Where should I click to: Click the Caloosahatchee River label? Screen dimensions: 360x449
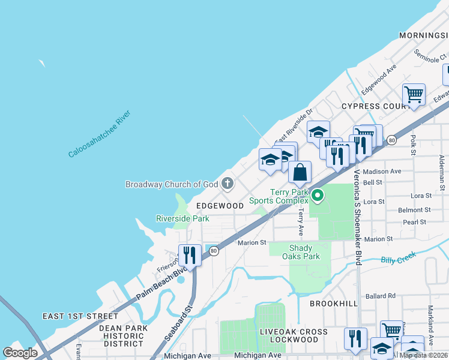coord(99,134)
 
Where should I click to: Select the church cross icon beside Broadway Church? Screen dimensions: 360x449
coord(228,184)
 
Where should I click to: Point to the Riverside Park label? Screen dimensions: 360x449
coord(182,218)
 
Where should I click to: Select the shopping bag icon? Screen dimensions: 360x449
coord(300,172)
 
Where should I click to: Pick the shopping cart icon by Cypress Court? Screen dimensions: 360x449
coord(413,95)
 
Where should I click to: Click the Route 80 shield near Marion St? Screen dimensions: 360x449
coord(214,250)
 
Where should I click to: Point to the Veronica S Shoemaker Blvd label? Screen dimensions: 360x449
coord(357,217)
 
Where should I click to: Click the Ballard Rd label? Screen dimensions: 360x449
coord(381,296)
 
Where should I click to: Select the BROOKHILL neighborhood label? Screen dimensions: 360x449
coord(333,304)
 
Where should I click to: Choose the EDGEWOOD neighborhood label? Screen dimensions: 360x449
coord(220,205)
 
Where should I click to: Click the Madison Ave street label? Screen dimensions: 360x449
coord(382,171)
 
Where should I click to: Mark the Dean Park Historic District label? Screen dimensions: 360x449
coord(123,335)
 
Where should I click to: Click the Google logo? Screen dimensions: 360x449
coord(20,353)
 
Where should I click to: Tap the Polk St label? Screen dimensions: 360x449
coord(413,144)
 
